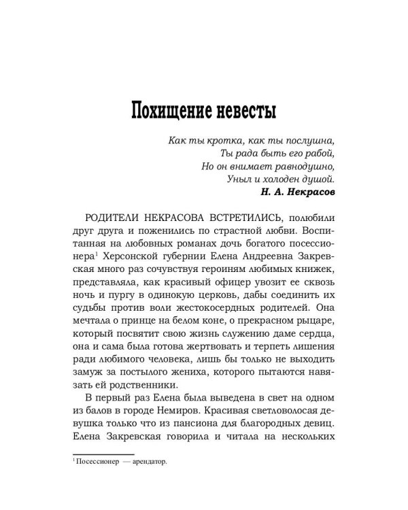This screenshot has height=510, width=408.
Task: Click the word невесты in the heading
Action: coord(247,109)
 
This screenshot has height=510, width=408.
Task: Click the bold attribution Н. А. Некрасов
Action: coord(297,192)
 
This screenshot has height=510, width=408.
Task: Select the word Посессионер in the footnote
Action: coord(97,462)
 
